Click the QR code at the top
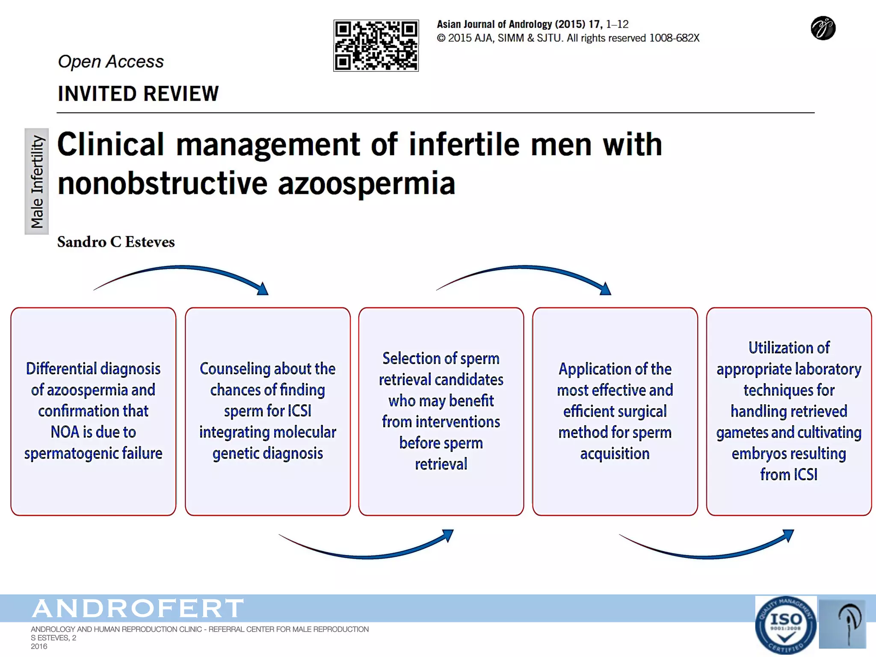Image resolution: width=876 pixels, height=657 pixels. tap(376, 45)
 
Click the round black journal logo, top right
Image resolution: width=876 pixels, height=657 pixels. tap(823, 28)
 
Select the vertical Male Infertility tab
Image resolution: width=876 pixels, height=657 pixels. tap(37, 181)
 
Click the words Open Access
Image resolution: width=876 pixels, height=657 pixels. tap(111, 62)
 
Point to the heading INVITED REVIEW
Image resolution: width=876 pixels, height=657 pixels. tap(138, 94)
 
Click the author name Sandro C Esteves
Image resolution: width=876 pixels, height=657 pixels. tap(116, 242)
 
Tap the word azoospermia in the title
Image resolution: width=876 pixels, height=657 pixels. tap(367, 183)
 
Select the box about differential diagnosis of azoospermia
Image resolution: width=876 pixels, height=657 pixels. tap(93, 411)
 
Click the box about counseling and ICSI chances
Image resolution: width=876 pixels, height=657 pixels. tap(268, 411)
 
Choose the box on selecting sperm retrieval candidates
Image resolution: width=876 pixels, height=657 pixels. tap(441, 411)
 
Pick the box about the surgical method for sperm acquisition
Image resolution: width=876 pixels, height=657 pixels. tap(615, 411)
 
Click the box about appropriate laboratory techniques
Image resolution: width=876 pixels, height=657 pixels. tap(789, 411)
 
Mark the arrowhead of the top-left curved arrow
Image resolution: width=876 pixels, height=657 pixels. tap(263, 289)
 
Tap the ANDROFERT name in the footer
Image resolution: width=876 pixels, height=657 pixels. tap(138, 608)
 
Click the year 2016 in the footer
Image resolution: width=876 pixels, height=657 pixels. tap(39, 646)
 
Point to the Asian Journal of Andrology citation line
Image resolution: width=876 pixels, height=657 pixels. tap(532, 24)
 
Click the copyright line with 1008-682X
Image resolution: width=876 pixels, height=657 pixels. tap(568, 38)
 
